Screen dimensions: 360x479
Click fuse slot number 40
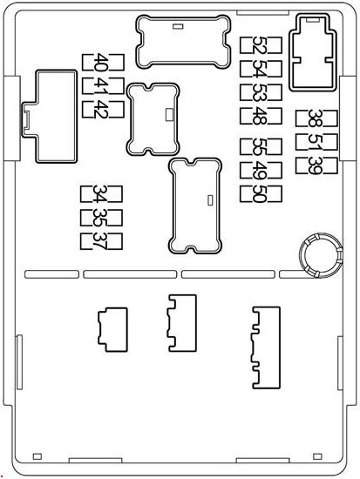point(103,63)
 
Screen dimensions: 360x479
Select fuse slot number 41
point(103,86)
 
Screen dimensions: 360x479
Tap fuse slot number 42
point(103,110)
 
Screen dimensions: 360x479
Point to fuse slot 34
point(101,194)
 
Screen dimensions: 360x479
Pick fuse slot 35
point(101,218)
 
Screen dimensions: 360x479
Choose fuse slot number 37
point(101,241)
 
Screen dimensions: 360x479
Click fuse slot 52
point(261,45)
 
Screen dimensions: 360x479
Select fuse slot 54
point(261,69)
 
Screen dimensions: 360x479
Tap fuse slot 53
point(261,92)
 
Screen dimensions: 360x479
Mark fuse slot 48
point(261,116)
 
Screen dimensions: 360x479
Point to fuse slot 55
point(261,146)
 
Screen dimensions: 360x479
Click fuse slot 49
point(261,170)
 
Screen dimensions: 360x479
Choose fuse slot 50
point(261,194)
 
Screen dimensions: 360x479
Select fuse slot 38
point(316,118)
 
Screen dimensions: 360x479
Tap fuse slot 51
point(316,142)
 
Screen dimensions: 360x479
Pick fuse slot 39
point(316,165)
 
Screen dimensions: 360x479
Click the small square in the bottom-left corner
point(37,456)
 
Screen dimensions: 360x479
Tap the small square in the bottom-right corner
point(317,456)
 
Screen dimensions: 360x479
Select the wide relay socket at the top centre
point(183,42)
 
